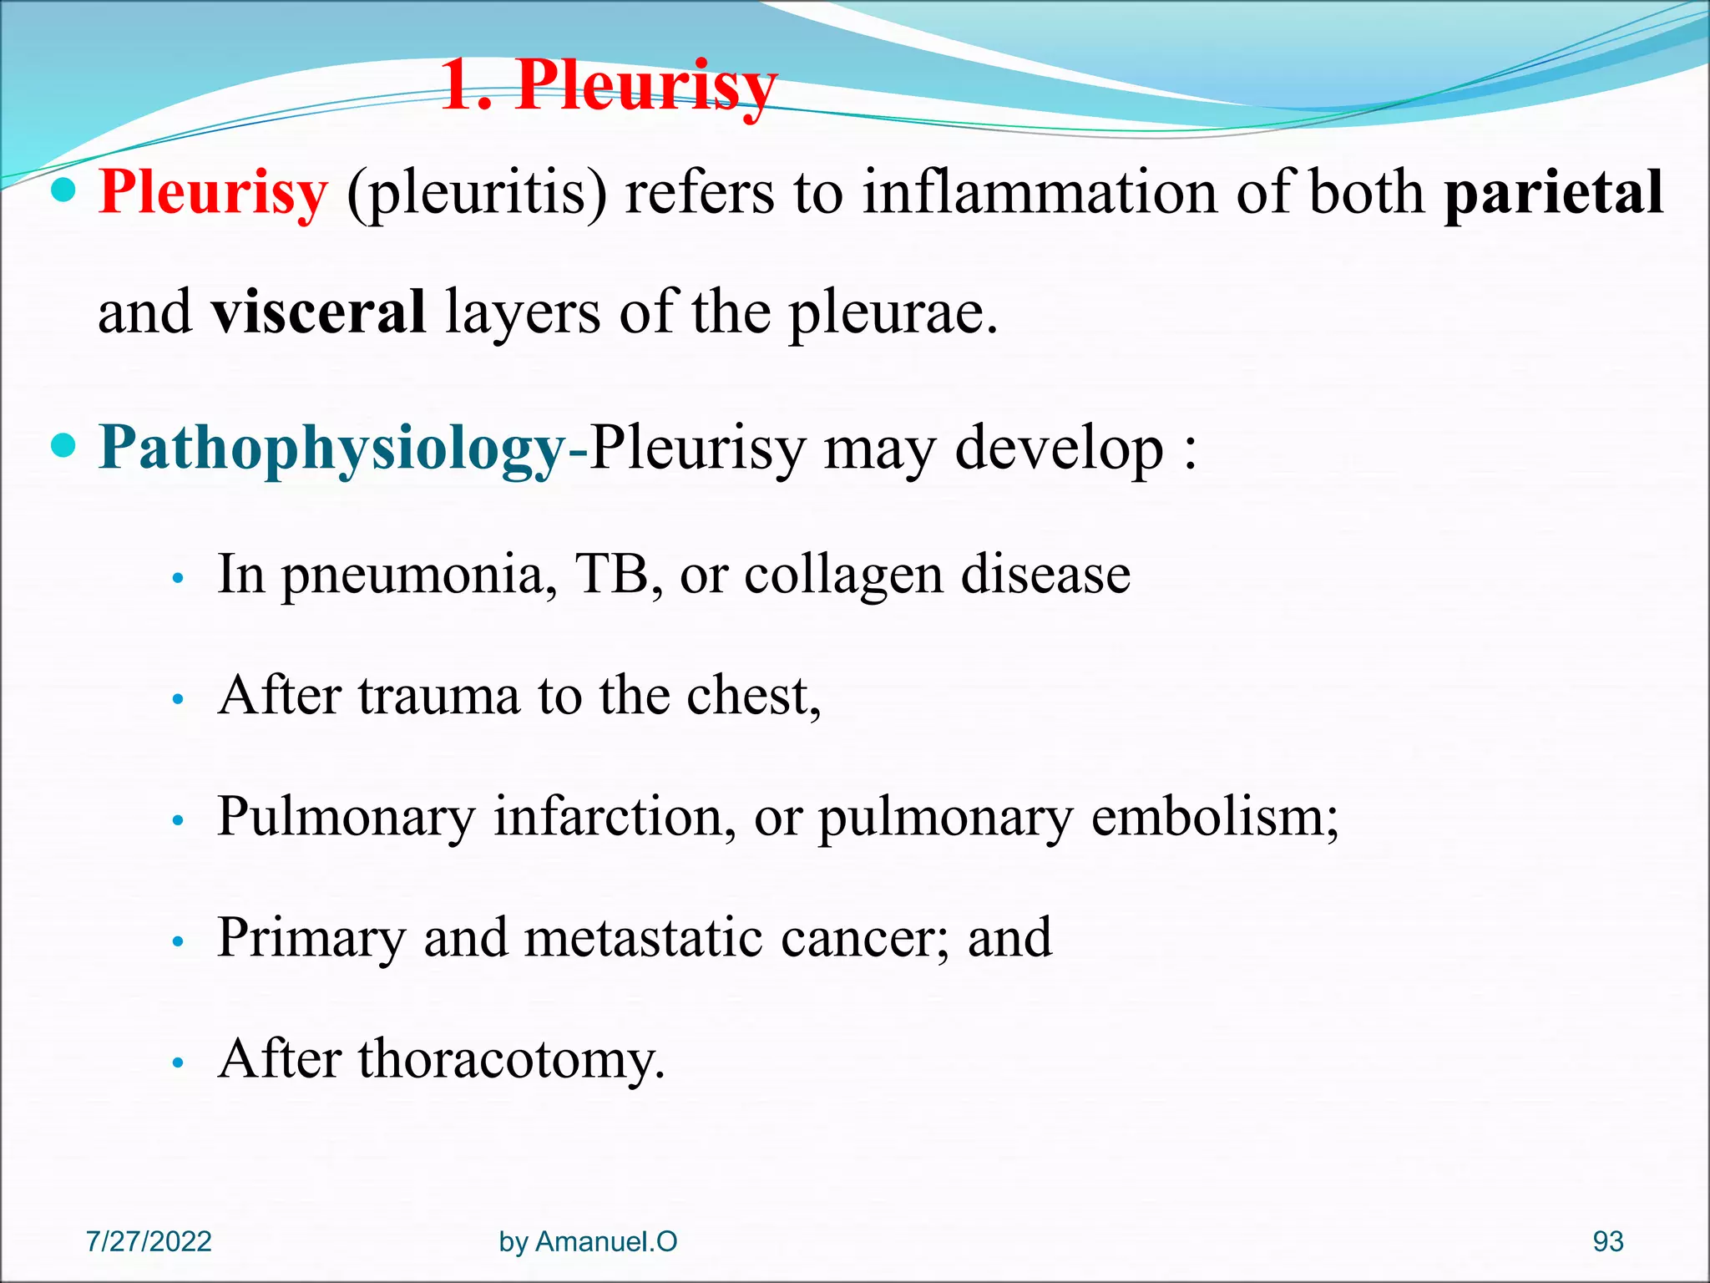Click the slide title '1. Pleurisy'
(x=608, y=85)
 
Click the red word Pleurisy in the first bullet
(x=213, y=192)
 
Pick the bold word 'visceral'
(x=319, y=312)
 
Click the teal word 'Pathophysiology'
(x=332, y=449)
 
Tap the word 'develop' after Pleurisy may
(x=1059, y=449)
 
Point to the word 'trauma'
(x=439, y=695)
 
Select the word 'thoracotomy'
(x=511, y=1059)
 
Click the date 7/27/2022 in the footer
(x=149, y=1241)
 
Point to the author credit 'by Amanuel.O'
(x=588, y=1241)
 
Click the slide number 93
(x=1607, y=1241)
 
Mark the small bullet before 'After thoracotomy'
(x=177, y=1063)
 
